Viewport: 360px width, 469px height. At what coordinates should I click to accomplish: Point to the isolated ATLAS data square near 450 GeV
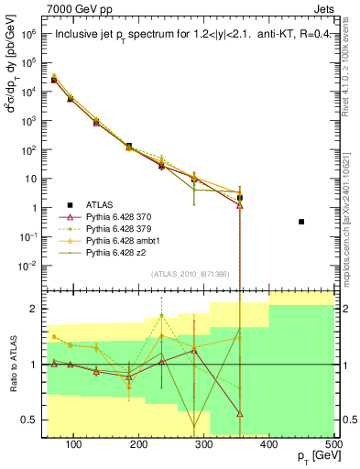click(301, 222)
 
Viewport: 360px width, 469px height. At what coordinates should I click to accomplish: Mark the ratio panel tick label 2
click(35, 309)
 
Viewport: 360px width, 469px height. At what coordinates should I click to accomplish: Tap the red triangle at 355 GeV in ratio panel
click(240, 414)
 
